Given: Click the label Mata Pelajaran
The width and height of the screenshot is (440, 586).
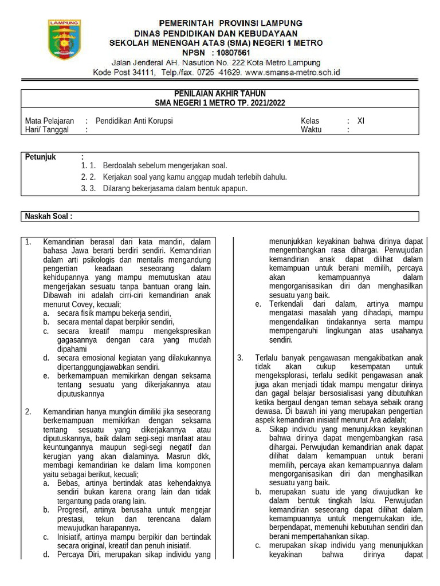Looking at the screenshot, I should click(50, 121).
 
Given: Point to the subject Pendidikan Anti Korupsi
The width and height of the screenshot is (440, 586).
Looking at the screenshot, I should click(134, 121).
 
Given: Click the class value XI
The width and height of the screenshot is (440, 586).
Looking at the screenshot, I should click(360, 121).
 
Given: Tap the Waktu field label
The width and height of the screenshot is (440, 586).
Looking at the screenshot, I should click(311, 129).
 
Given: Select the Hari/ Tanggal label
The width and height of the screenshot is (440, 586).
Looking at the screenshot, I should click(47, 129).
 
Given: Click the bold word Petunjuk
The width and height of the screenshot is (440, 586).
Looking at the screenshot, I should click(40, 157).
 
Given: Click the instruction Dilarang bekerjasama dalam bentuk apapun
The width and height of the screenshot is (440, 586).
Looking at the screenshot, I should click(175, 188).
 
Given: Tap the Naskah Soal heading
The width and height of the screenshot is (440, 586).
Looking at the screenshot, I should click(49, 216).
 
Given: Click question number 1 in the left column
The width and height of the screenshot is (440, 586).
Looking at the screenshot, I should click(28, 242).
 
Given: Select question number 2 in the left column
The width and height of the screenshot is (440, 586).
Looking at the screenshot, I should click(28, 411).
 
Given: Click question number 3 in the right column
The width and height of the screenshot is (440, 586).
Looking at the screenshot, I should click(241, 358).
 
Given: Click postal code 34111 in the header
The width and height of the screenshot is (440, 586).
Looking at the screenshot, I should click(144, 73).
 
